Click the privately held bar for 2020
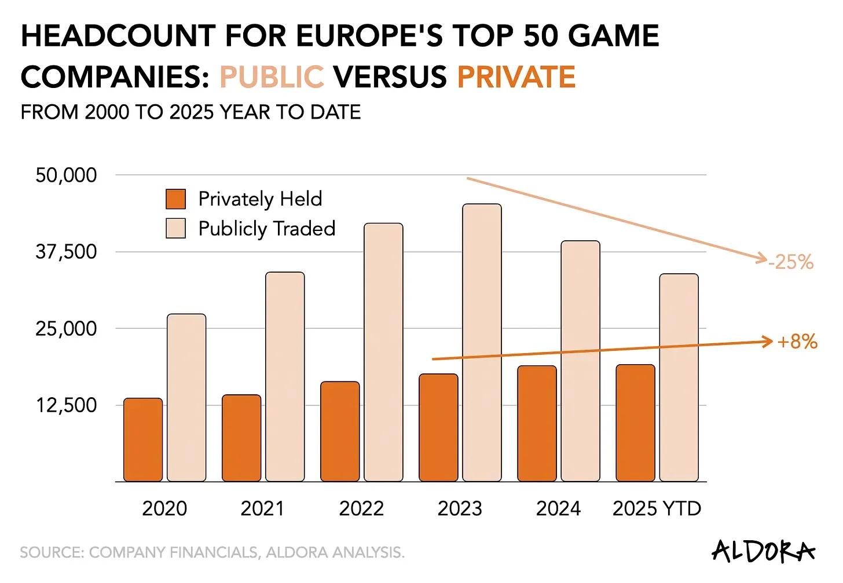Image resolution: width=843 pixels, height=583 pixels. pos(143,440)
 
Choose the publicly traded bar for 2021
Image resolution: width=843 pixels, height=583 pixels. pos(285,376)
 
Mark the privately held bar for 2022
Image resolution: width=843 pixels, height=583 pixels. pos(340,431)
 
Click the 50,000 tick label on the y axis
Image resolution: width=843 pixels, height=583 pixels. pos(66,175)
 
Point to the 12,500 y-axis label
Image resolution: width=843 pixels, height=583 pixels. pos(66,405)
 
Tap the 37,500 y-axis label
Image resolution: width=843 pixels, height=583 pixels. pos(66,252)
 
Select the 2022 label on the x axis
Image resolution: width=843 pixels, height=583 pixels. pos(361,508)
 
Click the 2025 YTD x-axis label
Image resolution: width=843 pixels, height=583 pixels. pos(657,508)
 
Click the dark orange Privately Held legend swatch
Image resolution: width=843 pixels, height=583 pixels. pos(175,199)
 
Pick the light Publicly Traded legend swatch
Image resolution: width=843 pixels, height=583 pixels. pos(175,228)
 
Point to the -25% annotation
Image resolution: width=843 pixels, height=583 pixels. pos(791,262)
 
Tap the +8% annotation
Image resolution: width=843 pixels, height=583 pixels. pos(797,342)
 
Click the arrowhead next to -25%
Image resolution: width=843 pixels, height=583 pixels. pos(763,258)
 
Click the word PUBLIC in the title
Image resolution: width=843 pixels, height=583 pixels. pos(272,77)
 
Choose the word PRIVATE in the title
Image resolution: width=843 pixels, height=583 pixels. pos(516,77)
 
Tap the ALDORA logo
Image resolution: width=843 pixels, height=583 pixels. pos(763,551)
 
